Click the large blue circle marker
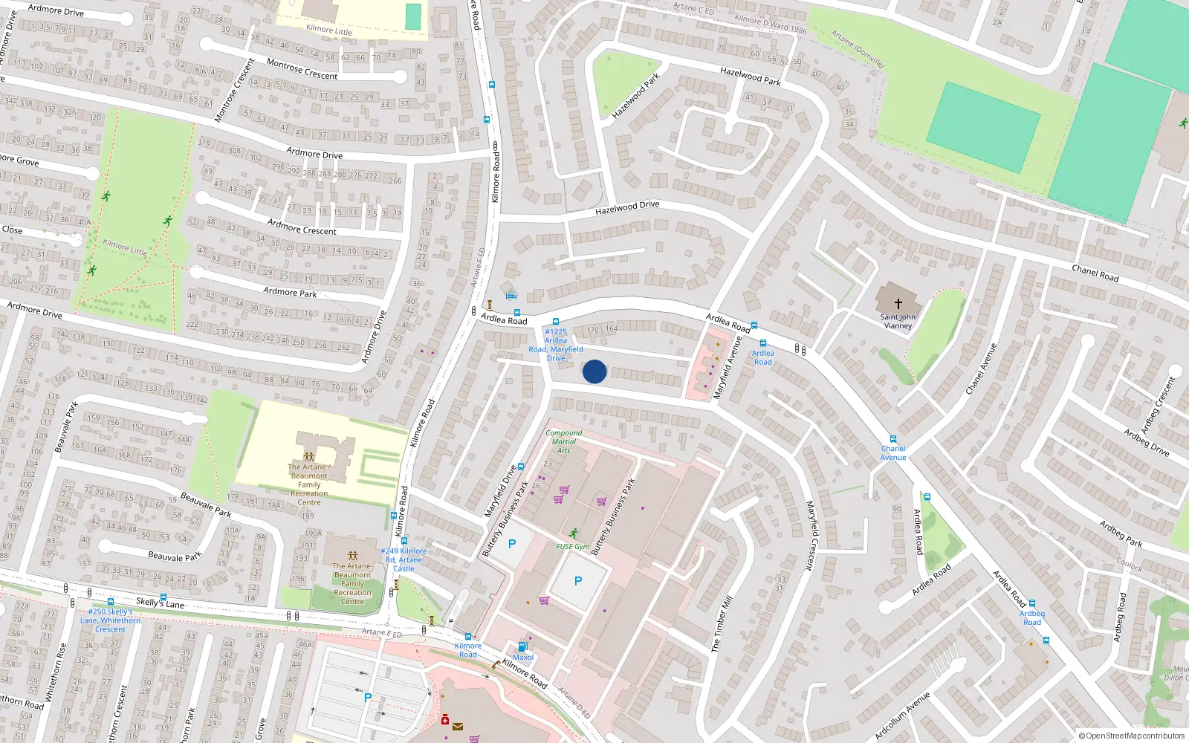coord(594,371)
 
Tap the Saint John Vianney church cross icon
coord(898,303)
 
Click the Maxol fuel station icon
coord(522,646)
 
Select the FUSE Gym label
coord(573,546)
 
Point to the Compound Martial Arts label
coord(564,441)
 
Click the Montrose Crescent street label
coord(302,69)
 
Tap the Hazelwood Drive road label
coord(626,208)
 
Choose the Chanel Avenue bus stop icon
coord(893,440)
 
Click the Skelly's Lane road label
coord(160,603)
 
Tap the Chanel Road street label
coord(1095,273)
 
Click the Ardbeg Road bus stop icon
coord(1031,604)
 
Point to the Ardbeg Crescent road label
coord(1158,405)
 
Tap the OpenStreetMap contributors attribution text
coord(1132,736)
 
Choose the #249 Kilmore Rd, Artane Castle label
coord(404,559)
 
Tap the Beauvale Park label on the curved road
coord(206,504)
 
